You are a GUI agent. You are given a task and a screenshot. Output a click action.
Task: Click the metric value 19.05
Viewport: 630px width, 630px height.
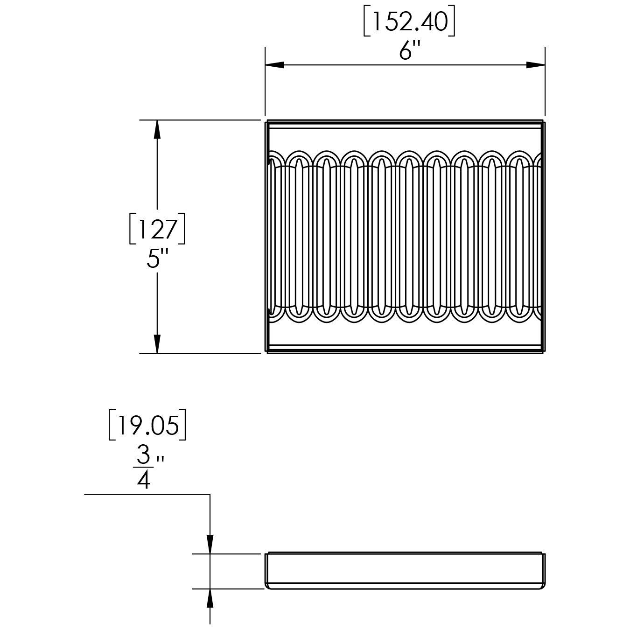(x=147, y=425)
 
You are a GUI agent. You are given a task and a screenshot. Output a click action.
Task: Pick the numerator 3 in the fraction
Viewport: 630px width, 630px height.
(x=144, y=455)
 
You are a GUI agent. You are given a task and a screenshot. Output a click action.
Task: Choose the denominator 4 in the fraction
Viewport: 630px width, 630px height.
(x=144, y=480)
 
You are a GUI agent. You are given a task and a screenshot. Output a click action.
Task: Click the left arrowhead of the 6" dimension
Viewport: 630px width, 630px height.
(x=274, y=65)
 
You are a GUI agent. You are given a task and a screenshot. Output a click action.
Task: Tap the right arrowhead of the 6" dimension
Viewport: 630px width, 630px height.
(x=536, y=65)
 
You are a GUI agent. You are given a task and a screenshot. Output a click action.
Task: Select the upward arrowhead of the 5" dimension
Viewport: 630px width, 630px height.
(x=157, y=129)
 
